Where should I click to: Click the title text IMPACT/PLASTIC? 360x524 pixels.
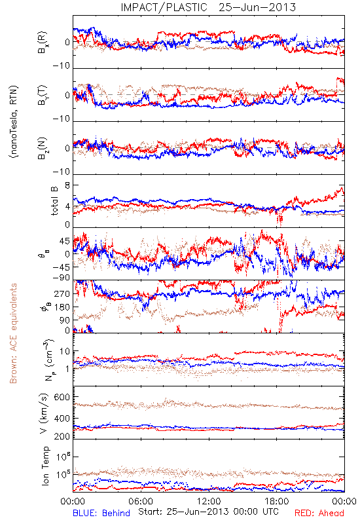(164, 7)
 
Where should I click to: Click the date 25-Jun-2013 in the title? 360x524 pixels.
(257, 7)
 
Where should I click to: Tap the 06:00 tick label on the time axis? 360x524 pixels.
(141, 501)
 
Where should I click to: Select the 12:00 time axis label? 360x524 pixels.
(209, 501)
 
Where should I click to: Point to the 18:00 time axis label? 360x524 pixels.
(277, 501)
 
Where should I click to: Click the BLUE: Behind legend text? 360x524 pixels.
(101, 513)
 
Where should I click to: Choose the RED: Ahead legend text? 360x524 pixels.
(319, 513)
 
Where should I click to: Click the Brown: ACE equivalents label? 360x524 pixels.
(13, 333)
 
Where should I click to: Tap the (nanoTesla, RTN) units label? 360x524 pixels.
(13, 121)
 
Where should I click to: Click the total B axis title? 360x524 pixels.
(54, 201)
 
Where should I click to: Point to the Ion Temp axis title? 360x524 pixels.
(45, 466)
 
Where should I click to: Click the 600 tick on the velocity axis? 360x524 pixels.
(62, 397)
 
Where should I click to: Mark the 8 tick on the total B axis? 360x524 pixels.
(67, 185)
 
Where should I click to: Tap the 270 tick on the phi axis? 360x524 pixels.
(62, 293)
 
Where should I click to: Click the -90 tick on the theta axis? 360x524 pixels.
(62, 277)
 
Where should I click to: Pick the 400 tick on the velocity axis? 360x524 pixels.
(62, 418)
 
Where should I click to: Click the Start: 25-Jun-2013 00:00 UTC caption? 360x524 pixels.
(208, 512)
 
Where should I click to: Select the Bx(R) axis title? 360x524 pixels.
(43, 43)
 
